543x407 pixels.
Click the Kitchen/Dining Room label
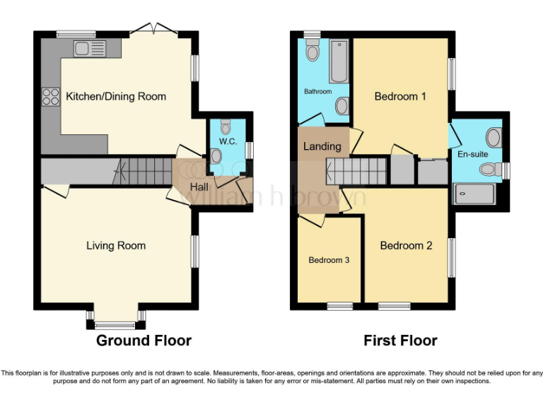pos(116,96)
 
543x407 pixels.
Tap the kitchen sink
pos(89,49)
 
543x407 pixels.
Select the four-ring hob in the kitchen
pos(51,96)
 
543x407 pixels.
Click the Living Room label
pos(116,246)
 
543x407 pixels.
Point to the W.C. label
pos(228,141)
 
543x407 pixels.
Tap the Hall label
pos(199,187)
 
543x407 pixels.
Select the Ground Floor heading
pos(144,341)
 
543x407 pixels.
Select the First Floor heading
pos(400,341)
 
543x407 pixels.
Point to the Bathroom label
pos(317,92)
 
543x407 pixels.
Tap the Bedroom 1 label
pos(400,96)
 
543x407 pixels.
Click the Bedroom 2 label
pos(406,246)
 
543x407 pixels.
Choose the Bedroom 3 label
pos(329,260)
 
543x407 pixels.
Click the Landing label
pos(322,147)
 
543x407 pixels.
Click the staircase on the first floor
pos(357,170)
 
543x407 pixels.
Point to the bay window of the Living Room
pos(115,324)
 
